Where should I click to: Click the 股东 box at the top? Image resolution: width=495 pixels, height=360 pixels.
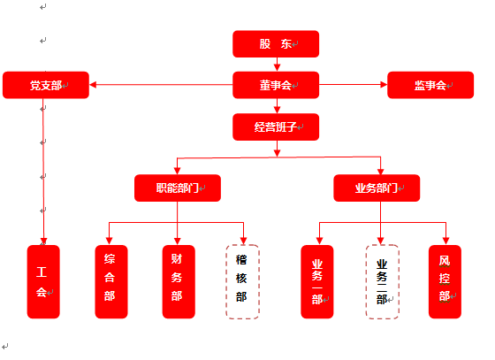coord(276,44)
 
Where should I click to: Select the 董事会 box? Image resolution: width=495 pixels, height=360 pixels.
coord(276,85)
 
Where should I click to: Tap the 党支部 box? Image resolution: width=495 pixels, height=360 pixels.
coord(46,85)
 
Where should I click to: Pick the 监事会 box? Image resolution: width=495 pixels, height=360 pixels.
coord(430,85)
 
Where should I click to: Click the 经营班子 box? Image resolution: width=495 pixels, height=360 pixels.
coord(276,127)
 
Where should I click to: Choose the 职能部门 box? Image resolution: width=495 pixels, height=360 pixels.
coord(178,188)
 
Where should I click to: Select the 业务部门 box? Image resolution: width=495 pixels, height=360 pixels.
coord(377,188)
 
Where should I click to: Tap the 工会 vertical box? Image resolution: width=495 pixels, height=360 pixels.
coord(43,281)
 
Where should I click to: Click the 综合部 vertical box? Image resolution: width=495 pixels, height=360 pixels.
coord(111,281)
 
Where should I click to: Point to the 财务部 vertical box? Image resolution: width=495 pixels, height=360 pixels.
coord(179,281)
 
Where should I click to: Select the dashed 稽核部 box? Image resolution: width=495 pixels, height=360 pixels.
coord(242,281)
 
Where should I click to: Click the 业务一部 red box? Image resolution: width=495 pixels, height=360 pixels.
coord(317,281)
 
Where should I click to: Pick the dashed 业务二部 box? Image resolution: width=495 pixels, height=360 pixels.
coord(382,281)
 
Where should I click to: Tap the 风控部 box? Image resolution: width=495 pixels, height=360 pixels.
coord(445,281)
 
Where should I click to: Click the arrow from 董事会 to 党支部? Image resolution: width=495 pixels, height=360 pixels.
coord(161,85)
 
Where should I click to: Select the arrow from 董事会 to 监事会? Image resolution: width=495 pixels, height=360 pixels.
coord(353,85)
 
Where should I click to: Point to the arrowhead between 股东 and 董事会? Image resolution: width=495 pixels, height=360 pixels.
coord(277,67)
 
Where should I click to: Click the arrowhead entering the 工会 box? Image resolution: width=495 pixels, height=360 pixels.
coord(43,241)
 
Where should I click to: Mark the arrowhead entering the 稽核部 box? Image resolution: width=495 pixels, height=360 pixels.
coord(243,241)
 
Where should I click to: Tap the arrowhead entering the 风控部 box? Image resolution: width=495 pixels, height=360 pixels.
coord(445,241)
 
